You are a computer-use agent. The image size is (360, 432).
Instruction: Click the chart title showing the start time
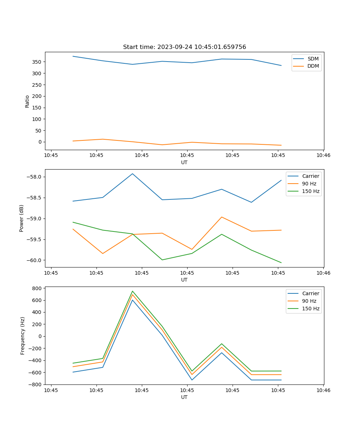(184, 47)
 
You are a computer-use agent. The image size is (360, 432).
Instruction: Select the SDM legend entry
(313, 59)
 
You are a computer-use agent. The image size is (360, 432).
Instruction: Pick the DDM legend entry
(313, 66)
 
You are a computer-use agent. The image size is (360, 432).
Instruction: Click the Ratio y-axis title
(27, 101)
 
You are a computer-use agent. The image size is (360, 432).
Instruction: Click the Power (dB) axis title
(22, 218)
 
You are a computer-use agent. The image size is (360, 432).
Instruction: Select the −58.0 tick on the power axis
(34, 177)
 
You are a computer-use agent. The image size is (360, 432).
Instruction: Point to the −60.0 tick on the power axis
(34, 260)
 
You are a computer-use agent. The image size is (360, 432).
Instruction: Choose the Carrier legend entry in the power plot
(311, 176)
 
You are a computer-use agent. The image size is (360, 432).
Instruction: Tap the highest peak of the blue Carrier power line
(132, 174)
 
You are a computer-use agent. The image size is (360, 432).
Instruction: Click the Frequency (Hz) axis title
(23, 336)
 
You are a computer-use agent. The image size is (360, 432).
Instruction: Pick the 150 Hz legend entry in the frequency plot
(311, 309)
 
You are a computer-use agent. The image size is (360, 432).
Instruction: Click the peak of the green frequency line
(132, 291)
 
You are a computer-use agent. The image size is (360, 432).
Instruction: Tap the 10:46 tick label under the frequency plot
(323, 390)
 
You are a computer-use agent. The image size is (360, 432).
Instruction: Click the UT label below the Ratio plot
(184, 162)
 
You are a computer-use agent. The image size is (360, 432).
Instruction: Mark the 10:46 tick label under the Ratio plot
(323, 156)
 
